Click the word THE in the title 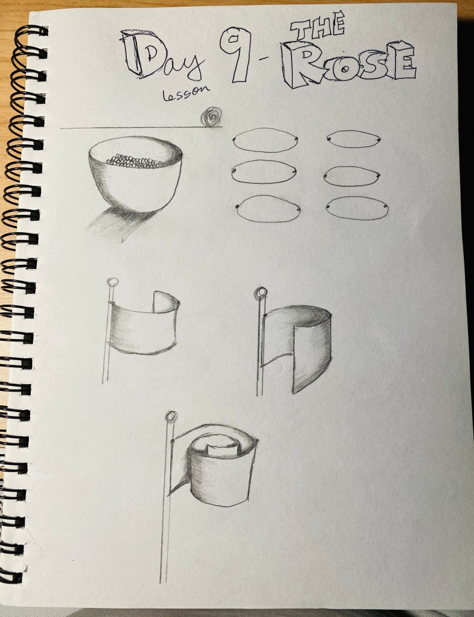click(318, 27)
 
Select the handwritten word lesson click(186, 93)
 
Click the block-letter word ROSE click(348, 64)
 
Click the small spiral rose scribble click(211, 117)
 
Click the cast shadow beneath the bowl click(118, 224)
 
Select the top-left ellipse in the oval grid click(265, 140)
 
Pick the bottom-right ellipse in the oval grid click(357, 208)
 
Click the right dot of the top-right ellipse click(379, 140)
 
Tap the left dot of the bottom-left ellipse click(238, 207)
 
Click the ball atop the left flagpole click(113, 282)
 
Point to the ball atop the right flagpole click(260, 293)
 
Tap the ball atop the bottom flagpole click(171, 417)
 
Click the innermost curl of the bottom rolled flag click(223, 446)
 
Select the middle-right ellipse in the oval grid click(351, 176)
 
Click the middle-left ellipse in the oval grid click(264, 172)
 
